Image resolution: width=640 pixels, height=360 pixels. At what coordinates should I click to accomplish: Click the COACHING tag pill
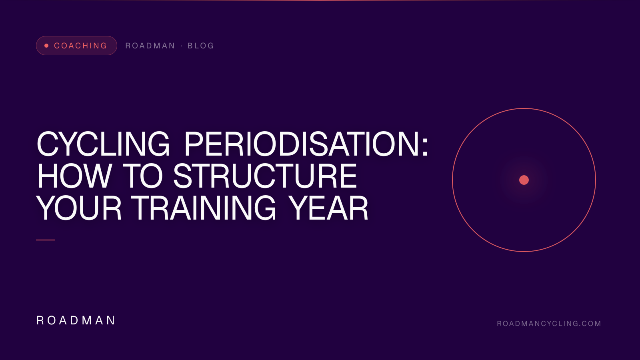(76, 46)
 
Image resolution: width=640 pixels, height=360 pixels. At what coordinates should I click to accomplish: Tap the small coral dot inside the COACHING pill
(46, 46)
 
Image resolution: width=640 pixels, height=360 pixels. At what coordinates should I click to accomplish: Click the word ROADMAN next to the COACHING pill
(150, 46)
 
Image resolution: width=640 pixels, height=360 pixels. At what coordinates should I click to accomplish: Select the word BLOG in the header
(201, 46)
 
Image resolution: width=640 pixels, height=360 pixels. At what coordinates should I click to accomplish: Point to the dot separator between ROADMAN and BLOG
(182, 46)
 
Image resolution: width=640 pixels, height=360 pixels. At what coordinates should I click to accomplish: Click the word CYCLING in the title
(103, 144)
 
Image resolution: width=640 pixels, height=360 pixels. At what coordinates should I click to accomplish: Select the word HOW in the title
(74, 176)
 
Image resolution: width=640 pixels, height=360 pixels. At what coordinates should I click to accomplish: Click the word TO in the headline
(143, 176)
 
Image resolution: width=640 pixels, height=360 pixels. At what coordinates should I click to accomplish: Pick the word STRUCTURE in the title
(265, 176)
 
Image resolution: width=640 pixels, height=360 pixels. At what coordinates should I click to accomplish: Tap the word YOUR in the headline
(79, 208)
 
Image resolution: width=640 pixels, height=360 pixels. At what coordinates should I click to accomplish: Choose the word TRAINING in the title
(204, 208)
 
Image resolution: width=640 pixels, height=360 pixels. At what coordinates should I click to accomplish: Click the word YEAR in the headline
(328, 208)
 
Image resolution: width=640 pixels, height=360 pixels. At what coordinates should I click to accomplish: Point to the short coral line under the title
(46, 240)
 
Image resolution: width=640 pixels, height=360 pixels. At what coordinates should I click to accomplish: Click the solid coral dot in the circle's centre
(524, 180)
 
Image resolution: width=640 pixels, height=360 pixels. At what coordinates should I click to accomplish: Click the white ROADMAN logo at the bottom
(76, 320)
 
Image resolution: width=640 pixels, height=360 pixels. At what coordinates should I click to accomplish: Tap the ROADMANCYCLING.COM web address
(549, 324)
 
